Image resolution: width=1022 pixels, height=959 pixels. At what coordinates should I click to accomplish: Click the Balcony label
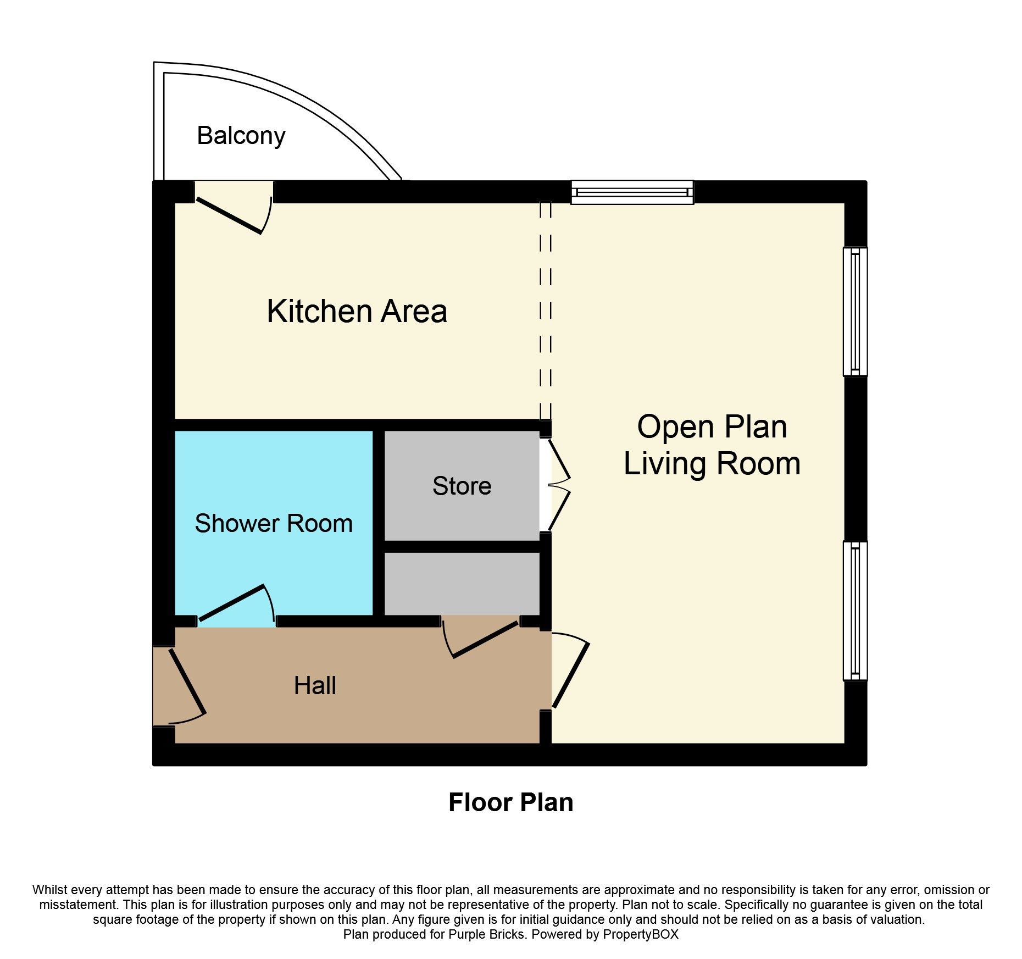241,136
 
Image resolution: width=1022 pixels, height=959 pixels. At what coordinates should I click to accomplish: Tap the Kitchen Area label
357,311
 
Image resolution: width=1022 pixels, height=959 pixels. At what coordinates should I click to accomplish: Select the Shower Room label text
274,523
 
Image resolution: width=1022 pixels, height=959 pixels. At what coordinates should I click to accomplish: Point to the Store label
462,486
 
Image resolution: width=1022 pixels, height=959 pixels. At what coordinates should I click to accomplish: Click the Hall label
315,685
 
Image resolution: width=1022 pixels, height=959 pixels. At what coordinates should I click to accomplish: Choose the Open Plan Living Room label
712,445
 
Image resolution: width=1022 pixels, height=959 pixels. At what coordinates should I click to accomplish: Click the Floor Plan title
511,802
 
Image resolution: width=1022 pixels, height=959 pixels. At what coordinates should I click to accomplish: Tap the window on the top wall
632,192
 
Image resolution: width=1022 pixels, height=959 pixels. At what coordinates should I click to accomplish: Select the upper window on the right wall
856,312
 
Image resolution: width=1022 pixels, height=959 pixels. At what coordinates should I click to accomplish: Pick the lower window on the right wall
856,611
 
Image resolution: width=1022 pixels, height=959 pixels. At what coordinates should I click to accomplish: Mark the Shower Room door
236,605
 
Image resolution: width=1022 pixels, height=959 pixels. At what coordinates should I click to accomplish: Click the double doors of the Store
558,485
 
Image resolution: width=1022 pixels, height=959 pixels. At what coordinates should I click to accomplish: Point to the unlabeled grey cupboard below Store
462,584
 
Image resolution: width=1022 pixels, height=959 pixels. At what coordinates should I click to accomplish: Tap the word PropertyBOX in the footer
641,934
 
